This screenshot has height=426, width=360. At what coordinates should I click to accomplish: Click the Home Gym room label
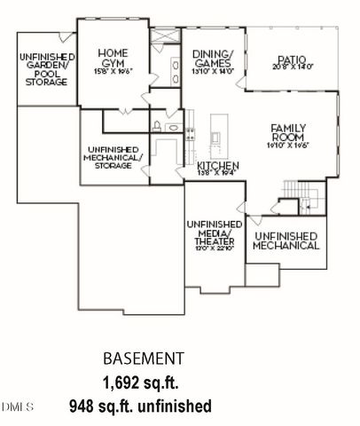pos(113,59)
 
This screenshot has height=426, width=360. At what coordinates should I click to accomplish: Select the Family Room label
pos(288,135)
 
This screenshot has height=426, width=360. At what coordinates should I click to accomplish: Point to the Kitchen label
pos(216,166)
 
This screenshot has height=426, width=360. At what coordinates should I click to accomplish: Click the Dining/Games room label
pos(212,59)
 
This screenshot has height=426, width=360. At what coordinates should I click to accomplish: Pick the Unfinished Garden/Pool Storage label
pos(43,70)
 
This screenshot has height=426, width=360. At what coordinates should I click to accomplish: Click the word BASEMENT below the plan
pos(144,359)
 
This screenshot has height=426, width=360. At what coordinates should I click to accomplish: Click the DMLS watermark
pos(17,406)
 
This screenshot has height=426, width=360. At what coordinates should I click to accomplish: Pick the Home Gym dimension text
pos(113,73)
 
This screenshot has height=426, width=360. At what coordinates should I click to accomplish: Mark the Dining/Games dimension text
pos(212,74)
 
